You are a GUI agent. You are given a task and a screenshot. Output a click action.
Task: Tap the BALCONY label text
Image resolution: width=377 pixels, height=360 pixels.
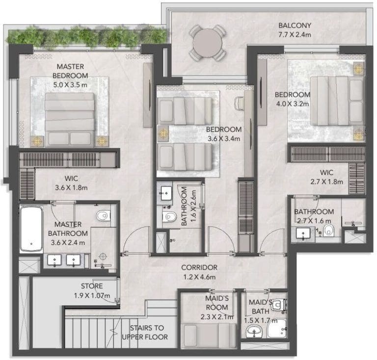[x=295, y=25]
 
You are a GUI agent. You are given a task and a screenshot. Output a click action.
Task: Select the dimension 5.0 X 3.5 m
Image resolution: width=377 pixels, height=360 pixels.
[x=70, y=85]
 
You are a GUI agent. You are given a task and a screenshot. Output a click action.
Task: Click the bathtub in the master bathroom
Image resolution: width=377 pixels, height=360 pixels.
[x=31, y=229]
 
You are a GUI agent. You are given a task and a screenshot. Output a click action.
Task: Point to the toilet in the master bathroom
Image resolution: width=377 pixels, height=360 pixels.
[x=104, y=215]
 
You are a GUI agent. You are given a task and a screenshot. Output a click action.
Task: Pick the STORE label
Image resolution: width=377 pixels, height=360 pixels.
[x=92, y=286]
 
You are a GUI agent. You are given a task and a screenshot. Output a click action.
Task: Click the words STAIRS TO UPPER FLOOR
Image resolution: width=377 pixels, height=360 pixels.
[x=145, y=333]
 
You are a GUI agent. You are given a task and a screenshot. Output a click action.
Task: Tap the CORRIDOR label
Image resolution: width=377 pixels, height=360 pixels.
[x=199, y=267]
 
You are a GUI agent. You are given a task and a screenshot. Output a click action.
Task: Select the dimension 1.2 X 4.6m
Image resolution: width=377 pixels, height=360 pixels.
[x=200, y=277]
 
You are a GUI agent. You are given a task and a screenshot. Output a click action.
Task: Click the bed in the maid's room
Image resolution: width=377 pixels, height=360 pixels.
[x=209, y=335]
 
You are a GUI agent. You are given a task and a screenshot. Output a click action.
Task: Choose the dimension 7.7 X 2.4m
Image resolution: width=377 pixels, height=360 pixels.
[x=295, y=35]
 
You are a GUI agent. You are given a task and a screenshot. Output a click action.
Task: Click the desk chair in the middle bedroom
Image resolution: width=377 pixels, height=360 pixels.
[x=239, y=103]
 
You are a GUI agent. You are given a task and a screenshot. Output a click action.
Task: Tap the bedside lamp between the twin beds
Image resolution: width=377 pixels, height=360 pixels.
[x=163, y=133]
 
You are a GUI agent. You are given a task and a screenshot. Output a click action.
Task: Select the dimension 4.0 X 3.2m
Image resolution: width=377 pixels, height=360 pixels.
[x=292, y=104]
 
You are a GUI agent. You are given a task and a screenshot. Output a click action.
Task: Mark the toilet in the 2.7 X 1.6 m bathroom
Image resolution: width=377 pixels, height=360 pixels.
[x=328, y=231]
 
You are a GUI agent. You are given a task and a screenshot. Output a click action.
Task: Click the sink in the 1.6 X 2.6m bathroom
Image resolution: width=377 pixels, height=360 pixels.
[x=166, y=193]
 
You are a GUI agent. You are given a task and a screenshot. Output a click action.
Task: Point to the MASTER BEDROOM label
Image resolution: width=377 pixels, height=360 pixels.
[x=70, y=71]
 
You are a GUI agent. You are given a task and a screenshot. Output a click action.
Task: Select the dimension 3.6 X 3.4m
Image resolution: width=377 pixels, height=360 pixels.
[x=224, y=139]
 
